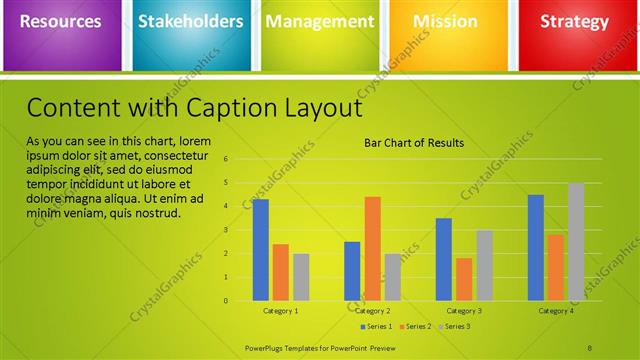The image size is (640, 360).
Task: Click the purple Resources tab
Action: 60,22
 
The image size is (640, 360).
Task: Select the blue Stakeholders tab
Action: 190,22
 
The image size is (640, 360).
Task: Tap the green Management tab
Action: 320,22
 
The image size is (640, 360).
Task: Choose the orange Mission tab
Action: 445,22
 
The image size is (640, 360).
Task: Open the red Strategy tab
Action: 574,22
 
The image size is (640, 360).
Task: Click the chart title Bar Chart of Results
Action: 413,143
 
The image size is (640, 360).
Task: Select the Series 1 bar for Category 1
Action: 261,250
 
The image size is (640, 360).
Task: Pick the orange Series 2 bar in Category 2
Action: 372,249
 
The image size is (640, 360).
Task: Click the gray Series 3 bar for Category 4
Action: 576,242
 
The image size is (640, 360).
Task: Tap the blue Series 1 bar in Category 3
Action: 444,259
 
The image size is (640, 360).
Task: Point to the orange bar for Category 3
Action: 464,279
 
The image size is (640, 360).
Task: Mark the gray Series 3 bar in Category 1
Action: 301,277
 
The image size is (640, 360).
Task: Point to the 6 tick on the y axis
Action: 227,159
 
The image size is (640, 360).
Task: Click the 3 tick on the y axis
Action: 227,230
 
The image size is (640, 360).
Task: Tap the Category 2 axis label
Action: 372,311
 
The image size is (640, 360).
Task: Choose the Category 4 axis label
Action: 556,311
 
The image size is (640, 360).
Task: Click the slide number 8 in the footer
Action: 590,347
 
